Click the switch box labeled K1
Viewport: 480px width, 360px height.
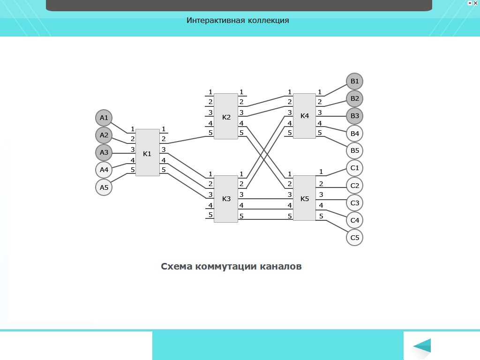pyautogui.click(x=147, y=153)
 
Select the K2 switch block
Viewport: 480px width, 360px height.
pyautogui.click(x=226, y=116)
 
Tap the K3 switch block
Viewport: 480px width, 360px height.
pyautogui.click(x=226, y=199)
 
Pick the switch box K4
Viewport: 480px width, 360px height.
pyautogui.click(x=305, y=116)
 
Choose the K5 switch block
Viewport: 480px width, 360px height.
pyautogui.click(x=305, y=198)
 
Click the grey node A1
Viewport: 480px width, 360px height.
pyautogui.click(x=104, y=118)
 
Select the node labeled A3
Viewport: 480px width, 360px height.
pyautogui.click(x=104, y=152)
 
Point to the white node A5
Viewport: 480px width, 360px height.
pyautogui.click(x=104, y=187)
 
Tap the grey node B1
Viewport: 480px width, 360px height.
pyautogui.click(x=355, y=81)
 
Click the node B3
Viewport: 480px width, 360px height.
pyautogui.click(x=355, y=116)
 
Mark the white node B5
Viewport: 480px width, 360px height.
pyautogui.click(x=355, y=151)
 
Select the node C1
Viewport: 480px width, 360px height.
pyautogui.click(x=355, y=168)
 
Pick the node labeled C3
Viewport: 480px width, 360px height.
pyautogui.click(x=355, y=203)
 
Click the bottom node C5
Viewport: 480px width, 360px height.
pyautogui.click(x=355, y=238)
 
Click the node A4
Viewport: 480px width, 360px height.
pyautogui.click(x=104, y=170)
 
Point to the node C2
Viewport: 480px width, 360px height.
pyautogui.click(x=355, y=186)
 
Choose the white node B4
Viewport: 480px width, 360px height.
pyautogui.click(x=355, y=134)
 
